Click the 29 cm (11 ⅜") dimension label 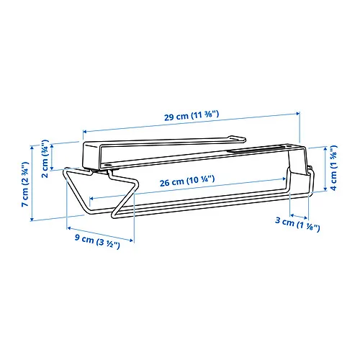click(x=192, y=115)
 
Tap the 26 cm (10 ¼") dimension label click(x=187, y=181)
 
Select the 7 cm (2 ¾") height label click(x=25, y=184)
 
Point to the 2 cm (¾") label click(x=45, y=158)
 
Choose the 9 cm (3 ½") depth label click(x=97, y=241)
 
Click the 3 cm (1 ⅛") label click(x=297, y=224)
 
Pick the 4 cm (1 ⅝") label click(x=333, y=168)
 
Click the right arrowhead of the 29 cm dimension click(x=298, y=113)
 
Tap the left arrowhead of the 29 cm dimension click(x=85, y=131)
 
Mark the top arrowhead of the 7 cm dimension click(x=32, y=147)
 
